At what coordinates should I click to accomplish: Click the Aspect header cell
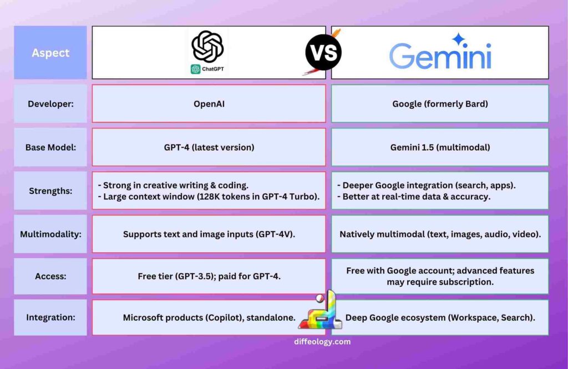pyautogui.click(x=50, y=53)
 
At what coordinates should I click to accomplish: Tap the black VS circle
pyautogui.click(x=323, y=52)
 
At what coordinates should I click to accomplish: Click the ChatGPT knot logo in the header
pyautogui.click(x=207, y=47)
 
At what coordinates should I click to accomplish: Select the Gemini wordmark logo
pyautogui.click(x=440, y=56)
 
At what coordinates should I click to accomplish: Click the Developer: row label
pyautogui.click(x=50, y=103)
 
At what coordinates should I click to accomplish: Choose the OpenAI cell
pyautogui.click(x=209, y=103)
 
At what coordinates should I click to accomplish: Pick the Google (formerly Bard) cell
pyautogui.click(x=440, y=103)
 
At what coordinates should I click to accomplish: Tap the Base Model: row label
pyautogui.click(x=50, y=147)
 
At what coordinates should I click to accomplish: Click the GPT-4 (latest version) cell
pyautogui.click(x=209, y=147)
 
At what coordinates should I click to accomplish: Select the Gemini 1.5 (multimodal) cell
pyautogui.click(x=440, y=147)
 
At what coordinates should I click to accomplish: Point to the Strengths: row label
pyautogui.click(x=50, y=191)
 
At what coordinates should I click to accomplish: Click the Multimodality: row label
pyautogui.click(x=50, y=234)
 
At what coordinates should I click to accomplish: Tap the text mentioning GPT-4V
pyautogui.click(x=209, y=234)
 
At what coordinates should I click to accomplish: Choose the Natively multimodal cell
pyautogui.click(x=440, y=234)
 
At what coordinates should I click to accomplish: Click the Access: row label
pyautogui.click(x=50, y=276)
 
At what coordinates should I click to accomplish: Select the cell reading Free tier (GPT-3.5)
pyautogui.click(x=209, y=276)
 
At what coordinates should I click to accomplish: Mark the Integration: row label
pyautogui.click(x=50, y=317)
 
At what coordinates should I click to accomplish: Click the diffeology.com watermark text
pyautogui.click(x=322, y=342)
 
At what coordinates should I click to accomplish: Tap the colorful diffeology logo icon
pyautogui.click(x=322, y=312)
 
